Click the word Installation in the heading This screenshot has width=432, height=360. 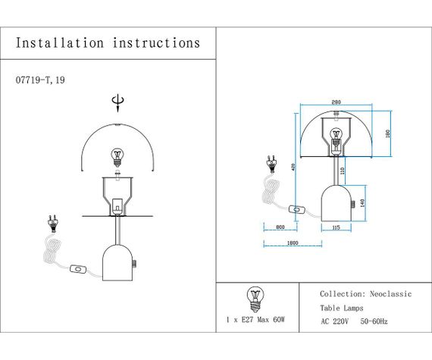60,43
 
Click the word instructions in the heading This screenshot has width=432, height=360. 157,43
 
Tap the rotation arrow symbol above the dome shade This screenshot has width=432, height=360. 117,102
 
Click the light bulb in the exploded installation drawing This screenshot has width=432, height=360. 117,156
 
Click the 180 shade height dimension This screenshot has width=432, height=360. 387,133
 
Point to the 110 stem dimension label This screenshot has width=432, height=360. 343,171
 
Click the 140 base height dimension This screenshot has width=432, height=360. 362,203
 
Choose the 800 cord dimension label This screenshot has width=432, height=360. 280,227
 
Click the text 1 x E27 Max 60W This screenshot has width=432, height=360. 255,321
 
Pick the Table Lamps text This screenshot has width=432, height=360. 341,308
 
